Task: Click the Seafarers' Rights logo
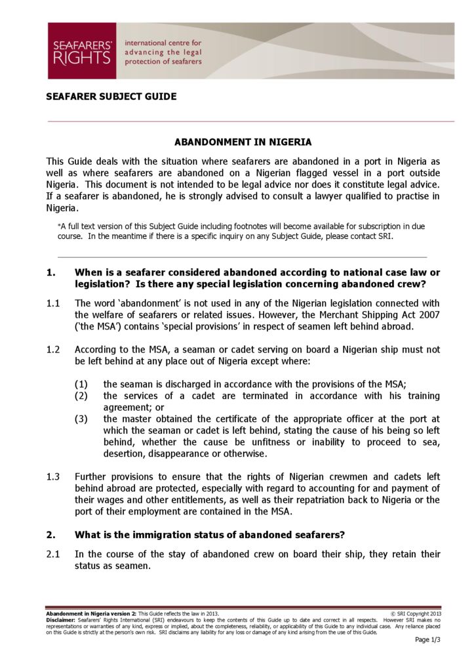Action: point(82,51)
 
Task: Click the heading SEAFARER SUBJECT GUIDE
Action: point(111,96)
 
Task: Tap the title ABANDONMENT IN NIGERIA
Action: point(243,142)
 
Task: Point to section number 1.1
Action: point(53,303)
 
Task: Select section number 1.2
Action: point(53,350)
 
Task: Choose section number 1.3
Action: point(53,476)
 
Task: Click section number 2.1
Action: point(53,555)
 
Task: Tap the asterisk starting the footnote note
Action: point(60,226)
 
